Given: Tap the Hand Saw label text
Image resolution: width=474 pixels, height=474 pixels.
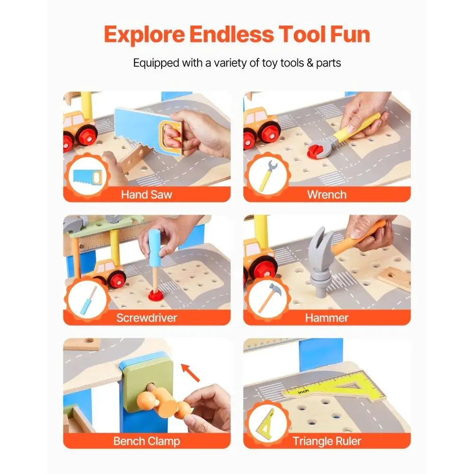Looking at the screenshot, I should [x=147, y=194].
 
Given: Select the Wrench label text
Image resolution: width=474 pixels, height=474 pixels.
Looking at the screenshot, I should [x=327, y=194].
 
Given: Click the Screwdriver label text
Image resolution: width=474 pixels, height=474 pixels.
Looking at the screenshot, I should [x=147, y=318].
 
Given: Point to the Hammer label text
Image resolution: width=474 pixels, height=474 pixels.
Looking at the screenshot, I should [x=327, y=318].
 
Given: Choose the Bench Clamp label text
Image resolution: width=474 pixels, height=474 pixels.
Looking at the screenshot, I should [x=146, y=441].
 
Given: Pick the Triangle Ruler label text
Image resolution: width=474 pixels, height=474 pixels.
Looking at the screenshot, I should [x=327, y=441].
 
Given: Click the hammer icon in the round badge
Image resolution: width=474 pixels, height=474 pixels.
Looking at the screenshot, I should [x=268, y=298].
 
